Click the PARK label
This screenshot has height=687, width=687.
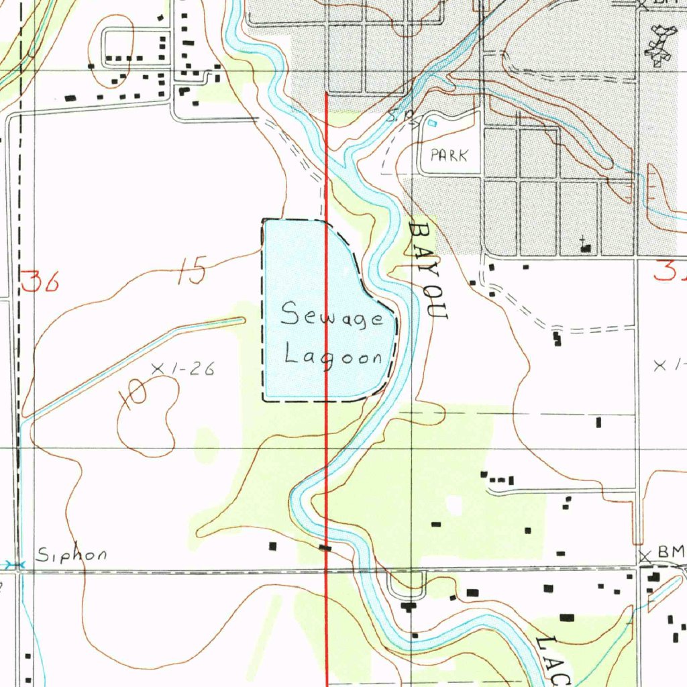point(448,156)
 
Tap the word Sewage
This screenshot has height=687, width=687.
point(332,315)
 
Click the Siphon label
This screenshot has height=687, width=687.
point(71,555)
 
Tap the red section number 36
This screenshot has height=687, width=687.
point(40,281)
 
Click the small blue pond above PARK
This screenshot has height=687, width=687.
point(431,123)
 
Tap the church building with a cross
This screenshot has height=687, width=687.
point(586,246)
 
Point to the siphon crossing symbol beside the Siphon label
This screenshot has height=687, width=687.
point(19,565)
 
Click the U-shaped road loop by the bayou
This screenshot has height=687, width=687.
point(407,585)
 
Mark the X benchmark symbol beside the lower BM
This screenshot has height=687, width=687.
point(645,556)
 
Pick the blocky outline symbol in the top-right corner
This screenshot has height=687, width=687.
point(659,46)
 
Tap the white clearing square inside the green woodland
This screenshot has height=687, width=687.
point(455,505)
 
